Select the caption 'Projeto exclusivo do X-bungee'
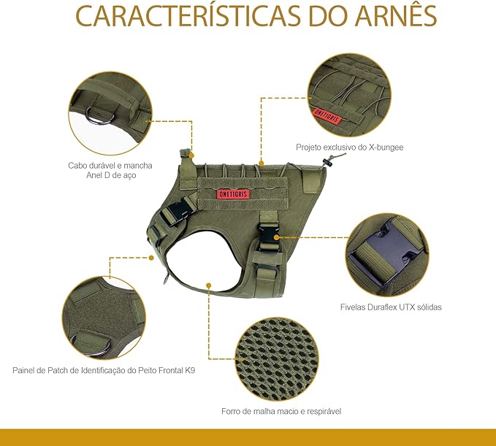tap(350, 147)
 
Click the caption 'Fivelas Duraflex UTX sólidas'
tap(391, 307)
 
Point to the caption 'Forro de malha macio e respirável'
tap(281, 411)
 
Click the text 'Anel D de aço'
tap(111, 175)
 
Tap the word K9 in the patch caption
tap(190, 370)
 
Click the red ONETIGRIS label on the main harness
tap(233, 194)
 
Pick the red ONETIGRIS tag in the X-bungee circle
tap(327, 116)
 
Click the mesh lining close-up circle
tap(278, 359)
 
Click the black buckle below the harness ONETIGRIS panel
tap(267, 237)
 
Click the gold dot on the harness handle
tap(191, 155)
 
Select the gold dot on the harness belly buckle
tap(277, 237)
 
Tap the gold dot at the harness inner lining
tap(208, 285)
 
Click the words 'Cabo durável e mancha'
tap(110, 166)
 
